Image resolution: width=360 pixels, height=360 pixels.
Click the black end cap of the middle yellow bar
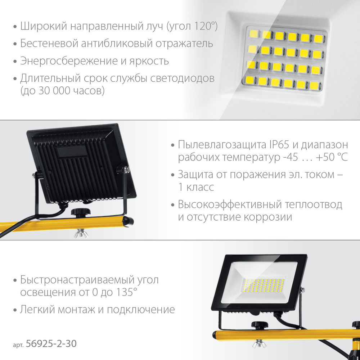pyautogui.click(x=129, y=221)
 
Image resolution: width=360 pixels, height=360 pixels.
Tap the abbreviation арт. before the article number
pyautogui.click(x=18, y=345)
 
